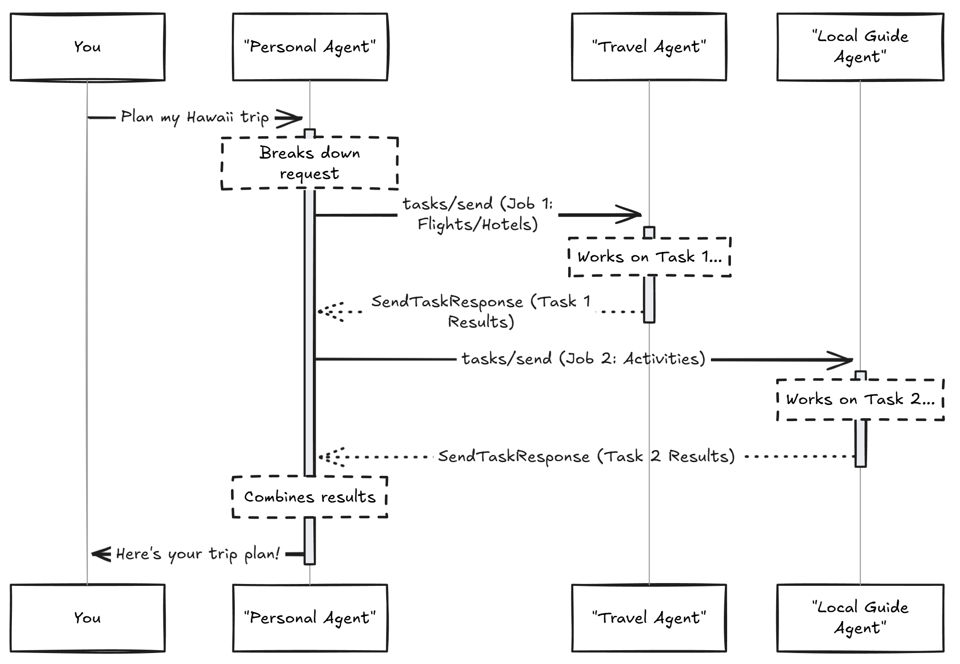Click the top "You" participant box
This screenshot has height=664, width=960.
click(88, 47)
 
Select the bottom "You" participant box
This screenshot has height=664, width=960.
click(88, 618)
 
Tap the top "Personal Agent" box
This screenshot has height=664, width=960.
click(310, 47)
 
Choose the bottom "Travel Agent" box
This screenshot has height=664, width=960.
click(649, 618)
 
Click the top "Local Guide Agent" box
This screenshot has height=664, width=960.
click(860, 47)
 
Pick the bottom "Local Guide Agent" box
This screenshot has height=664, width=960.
click(860, 618)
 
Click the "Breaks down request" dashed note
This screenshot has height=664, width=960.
click(310, 163)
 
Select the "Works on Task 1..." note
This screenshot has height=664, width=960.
click(650, 257)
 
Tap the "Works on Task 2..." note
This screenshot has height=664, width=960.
click(860, 399)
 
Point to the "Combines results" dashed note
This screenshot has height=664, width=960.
click(310, 497)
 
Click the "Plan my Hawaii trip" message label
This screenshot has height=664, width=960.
click(195, 117)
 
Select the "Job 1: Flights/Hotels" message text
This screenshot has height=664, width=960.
click(478, 214)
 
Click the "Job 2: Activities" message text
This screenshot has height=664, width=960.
click(583, 359)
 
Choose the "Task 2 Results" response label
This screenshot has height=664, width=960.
click(586, 456)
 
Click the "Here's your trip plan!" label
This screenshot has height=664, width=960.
click(198, 554)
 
